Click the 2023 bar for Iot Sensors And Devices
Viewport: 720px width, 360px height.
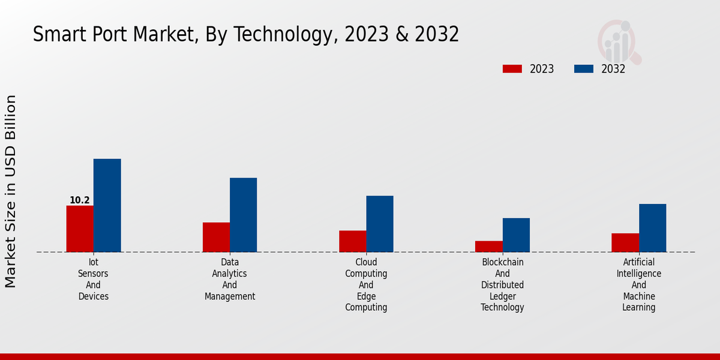[80, 229]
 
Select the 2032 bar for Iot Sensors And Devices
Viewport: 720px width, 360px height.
[107, 205]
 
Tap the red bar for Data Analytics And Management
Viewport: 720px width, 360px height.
[216, 237]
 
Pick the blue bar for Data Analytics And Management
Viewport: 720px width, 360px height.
[243, 215]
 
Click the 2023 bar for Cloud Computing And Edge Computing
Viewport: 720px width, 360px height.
[352, 241]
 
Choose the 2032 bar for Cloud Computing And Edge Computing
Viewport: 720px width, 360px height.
[380, 224]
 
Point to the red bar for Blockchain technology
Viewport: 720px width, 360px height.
[488, 246]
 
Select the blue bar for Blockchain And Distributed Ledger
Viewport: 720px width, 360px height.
[516, 235]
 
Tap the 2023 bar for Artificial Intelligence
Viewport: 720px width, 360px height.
[625, 242]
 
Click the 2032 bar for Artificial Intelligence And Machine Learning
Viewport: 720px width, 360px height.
[652, 228]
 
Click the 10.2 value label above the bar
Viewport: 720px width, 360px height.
[80, 200]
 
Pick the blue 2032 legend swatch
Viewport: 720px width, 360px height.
[583, 69]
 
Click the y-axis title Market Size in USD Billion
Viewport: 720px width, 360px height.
[11, 191]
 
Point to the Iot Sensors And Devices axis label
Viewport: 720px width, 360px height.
[93, 279]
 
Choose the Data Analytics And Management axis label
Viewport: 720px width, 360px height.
[230, 279]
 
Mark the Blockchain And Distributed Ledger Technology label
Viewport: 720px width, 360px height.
[502, 285]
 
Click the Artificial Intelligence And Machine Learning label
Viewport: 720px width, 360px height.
[639, 285]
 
